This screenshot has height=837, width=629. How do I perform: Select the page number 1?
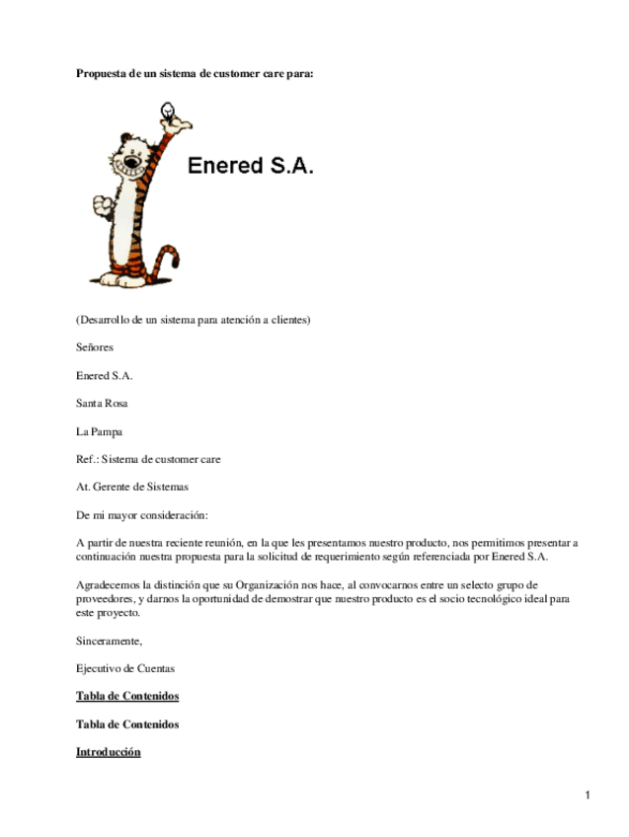[x=587, y=796]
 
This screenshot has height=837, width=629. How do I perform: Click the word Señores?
[x=95, y=347]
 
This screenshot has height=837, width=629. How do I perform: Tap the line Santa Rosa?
[x=102, y=404]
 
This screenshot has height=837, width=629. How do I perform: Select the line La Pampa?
[x=99, y=431]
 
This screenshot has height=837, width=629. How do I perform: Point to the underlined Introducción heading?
[x=109, y=752]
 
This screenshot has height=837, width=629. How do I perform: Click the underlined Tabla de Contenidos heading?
[x=127, y=696]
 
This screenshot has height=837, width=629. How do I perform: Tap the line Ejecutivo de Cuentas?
[x=125, y=668]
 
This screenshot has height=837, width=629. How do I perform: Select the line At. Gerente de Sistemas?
[x=132, y=487]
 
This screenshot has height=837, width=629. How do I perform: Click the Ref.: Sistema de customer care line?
[x=148, y=459]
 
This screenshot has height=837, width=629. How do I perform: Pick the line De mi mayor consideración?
[x=142, y=515]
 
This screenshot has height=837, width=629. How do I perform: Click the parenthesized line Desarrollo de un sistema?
[x=194, y=320]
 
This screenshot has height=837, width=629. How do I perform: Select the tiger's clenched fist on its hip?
[x=101, y=205]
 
